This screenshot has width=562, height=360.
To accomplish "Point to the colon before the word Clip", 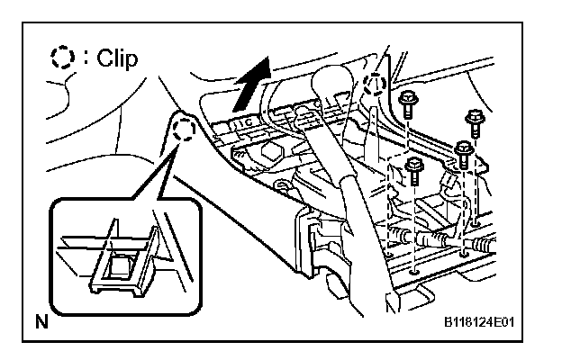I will pyautogui.click(x=86, y=61).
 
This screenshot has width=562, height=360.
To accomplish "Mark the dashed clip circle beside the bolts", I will pyautogui.click(x=376, y=86).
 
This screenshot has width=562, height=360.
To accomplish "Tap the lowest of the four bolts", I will pyautogui.click(x=413, y=168).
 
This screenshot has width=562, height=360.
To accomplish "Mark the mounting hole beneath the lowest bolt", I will pyautogui.click(x=412, y=266).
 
